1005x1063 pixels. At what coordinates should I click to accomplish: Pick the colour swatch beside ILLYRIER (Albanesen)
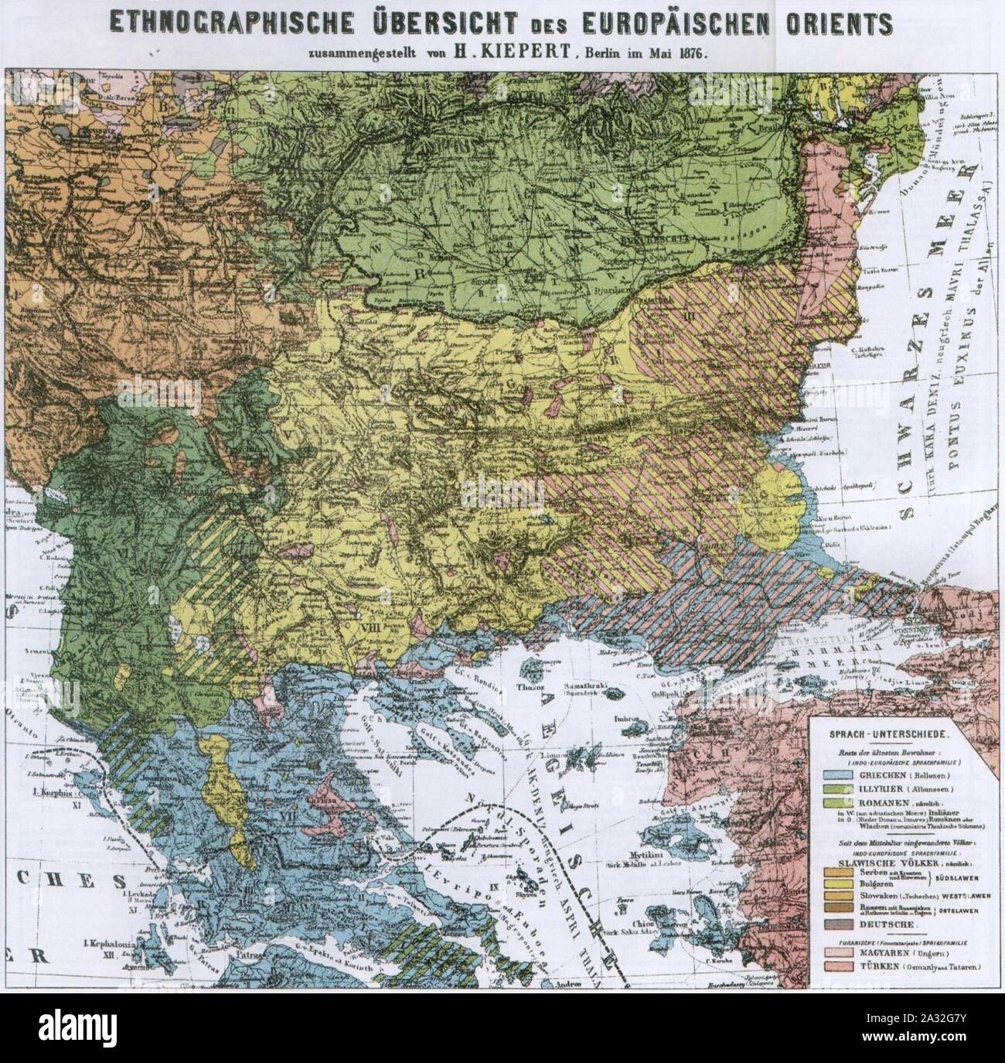click(x=840, y=788)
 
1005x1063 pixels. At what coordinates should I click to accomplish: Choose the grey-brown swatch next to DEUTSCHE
click(x=840, y=925)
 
